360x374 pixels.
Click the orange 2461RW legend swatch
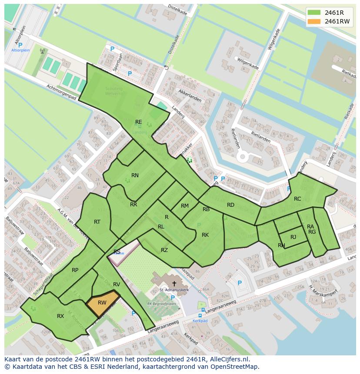[x=315, y=21]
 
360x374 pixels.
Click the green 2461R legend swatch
[x=315, y=12]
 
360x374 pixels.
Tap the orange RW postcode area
[x=103, y=303]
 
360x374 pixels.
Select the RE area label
[x=139, y=122]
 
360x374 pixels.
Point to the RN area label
[x=135, y=175]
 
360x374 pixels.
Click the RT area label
[x=97, y=222]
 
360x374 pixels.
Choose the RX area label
[x=60, y=316]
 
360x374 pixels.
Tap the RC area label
[x=297, y=199]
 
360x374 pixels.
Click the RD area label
[x=230, y=205]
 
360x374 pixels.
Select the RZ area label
[x=164, y=250]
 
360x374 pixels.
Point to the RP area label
[x=75, y=270]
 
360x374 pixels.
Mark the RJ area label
[x=293, y=237]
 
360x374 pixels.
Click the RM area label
[x=185, y=206]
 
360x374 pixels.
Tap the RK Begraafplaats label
[x=162, y=304]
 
